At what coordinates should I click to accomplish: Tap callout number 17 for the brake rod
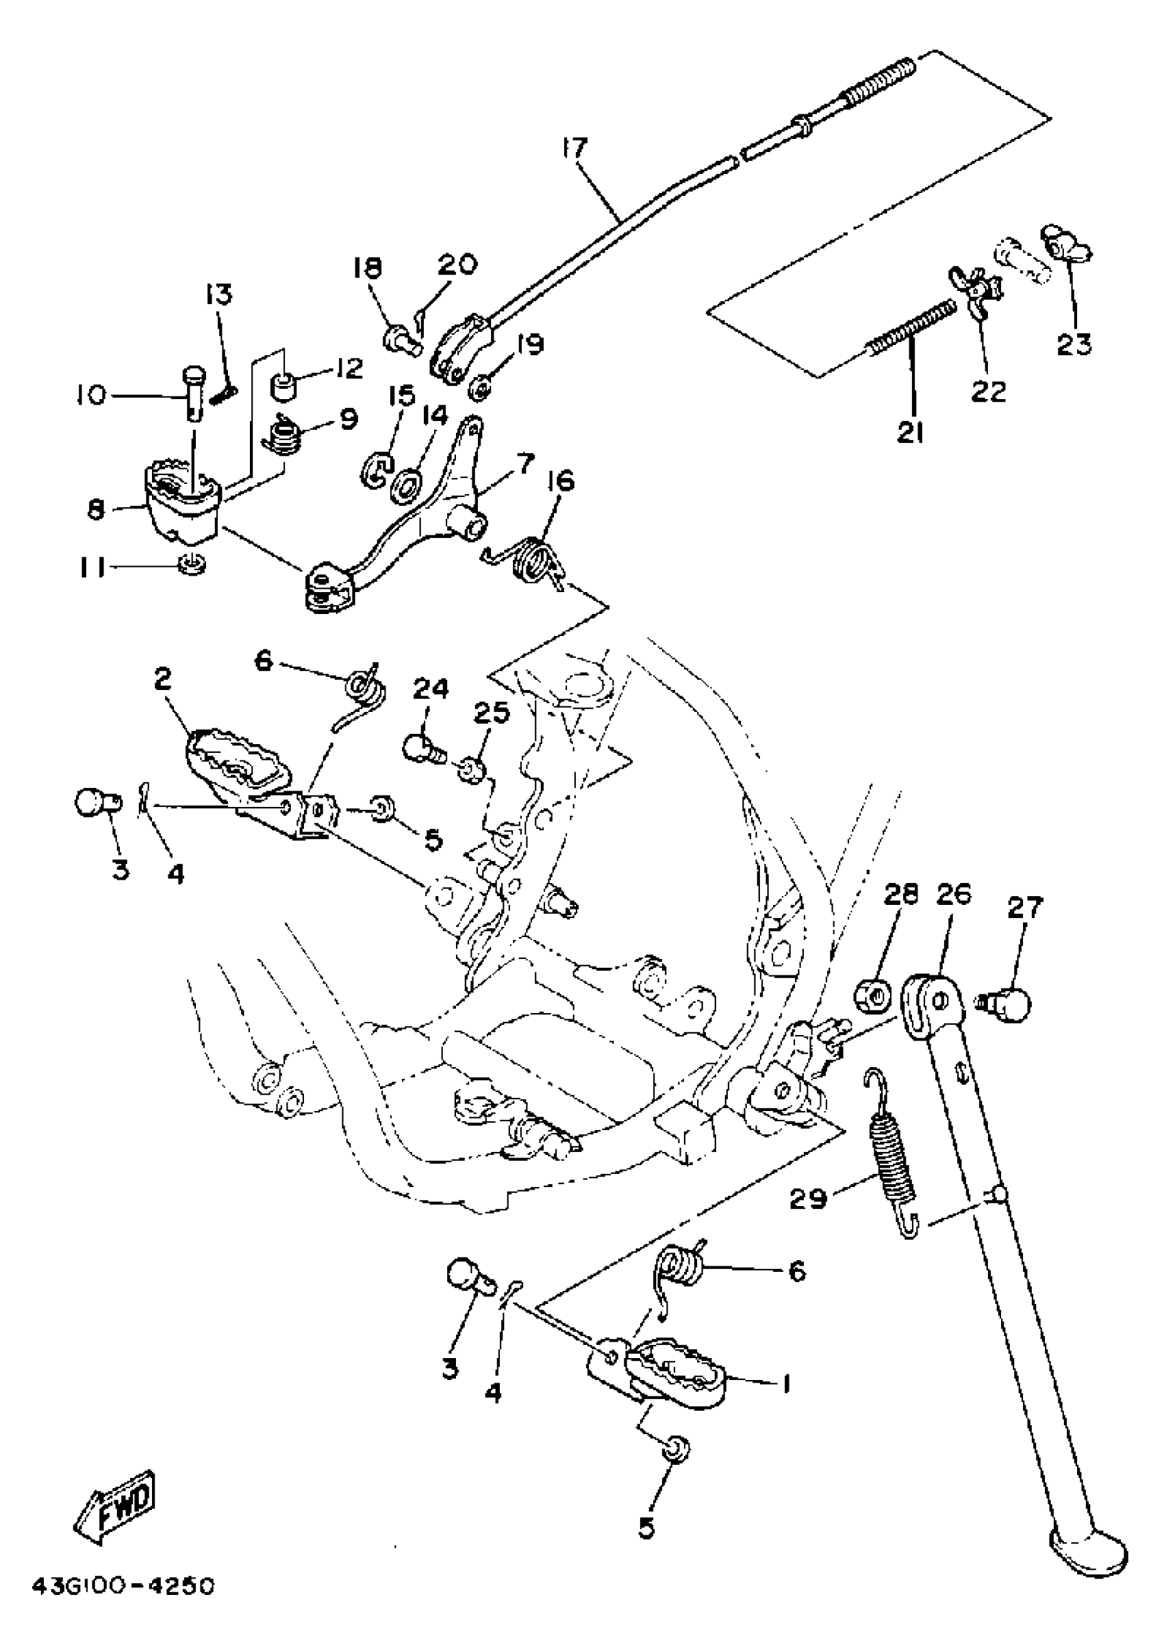tap(575, 149)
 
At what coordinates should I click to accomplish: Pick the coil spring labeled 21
tap(913, 327)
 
